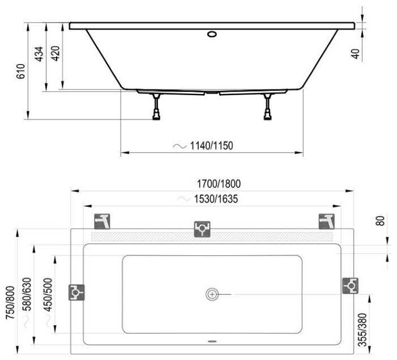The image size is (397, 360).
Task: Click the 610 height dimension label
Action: click(21, 71)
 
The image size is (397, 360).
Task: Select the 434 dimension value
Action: click(39, 54)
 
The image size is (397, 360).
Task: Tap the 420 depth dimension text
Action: click(56, 53)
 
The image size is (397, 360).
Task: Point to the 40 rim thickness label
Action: click(356, 54)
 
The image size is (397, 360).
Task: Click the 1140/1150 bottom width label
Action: click(211, 145)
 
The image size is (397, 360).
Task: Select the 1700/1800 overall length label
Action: click(219, 184)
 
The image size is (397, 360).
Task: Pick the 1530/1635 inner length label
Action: click(216, 199)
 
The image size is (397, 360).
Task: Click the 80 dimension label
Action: click(380, 221)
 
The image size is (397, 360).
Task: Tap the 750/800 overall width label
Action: click(10, 303)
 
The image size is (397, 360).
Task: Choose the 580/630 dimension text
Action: click(27, 294)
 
